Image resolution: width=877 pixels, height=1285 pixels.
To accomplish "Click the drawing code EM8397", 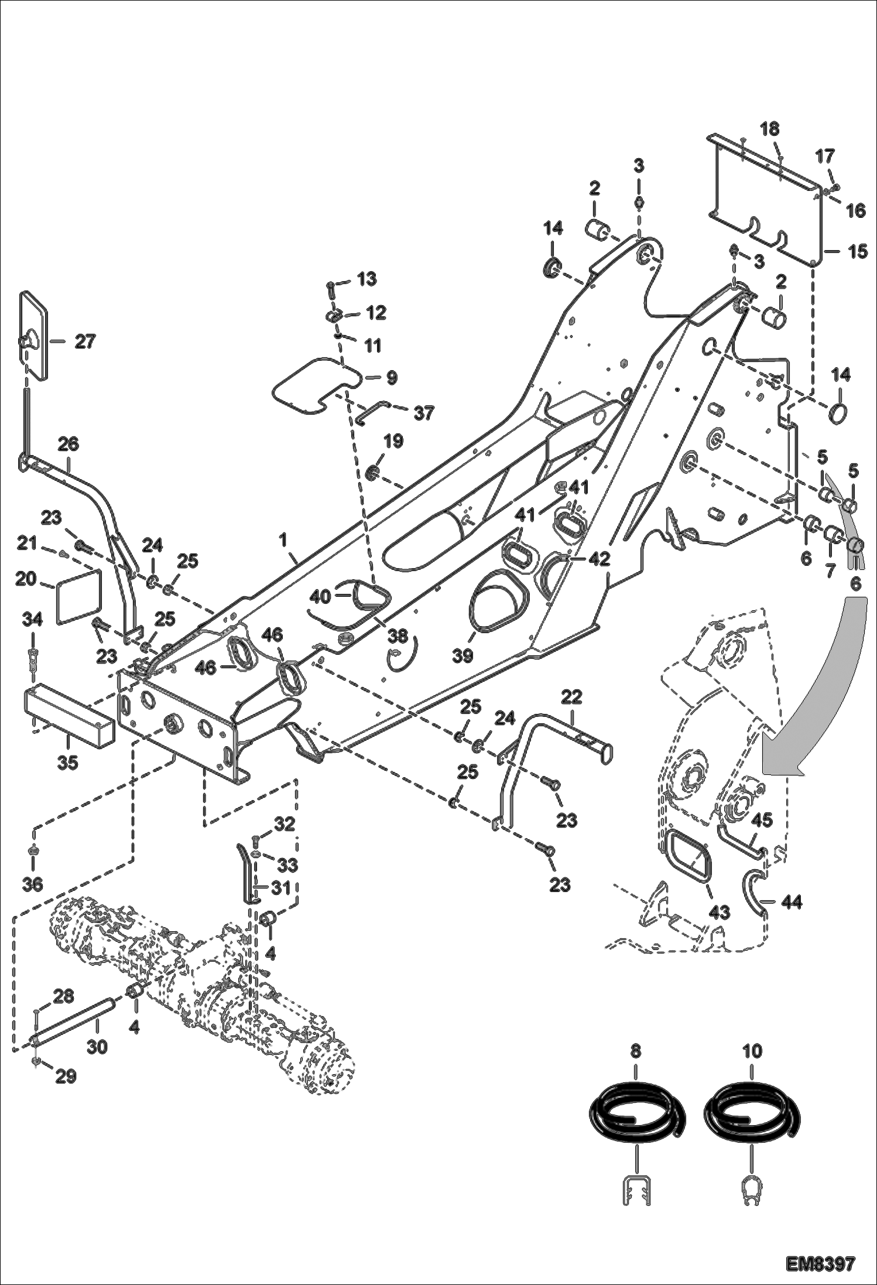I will pos(820,1262).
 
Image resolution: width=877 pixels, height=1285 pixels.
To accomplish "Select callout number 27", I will pos(84,341).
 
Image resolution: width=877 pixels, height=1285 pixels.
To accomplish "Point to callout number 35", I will pos(68,763).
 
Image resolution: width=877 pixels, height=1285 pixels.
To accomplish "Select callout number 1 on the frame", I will pos(283,540).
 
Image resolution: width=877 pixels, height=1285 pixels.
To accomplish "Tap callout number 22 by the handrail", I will pos(571,696).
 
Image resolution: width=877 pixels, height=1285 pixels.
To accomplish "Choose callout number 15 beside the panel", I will pos(858,252).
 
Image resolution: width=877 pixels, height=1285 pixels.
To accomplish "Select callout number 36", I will pos(33,884).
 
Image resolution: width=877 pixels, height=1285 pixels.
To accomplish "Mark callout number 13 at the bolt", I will pos(367,279).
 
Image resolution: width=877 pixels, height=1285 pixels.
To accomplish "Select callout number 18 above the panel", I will pos(770,128).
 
